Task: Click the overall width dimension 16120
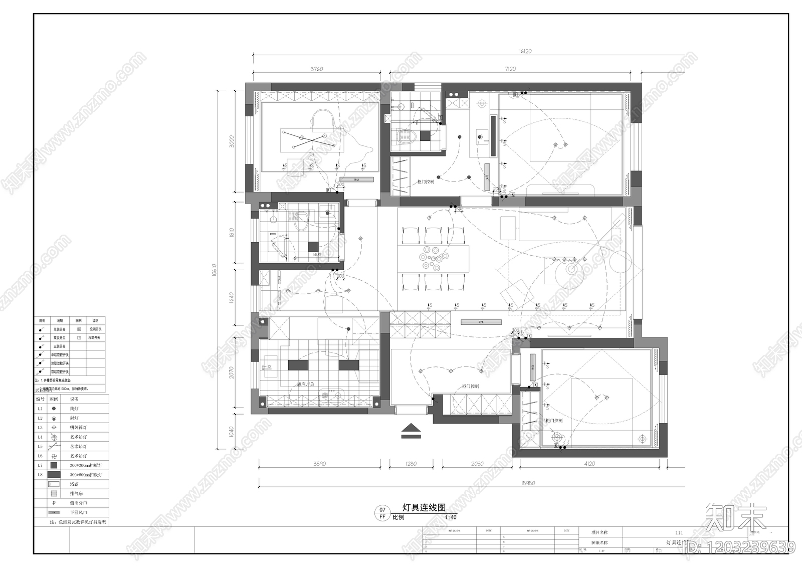525,51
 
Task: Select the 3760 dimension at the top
317,69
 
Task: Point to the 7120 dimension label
510,69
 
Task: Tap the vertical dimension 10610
214,271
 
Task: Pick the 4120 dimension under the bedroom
589,464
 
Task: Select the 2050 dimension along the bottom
477,464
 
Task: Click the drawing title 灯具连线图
424,507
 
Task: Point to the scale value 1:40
450,517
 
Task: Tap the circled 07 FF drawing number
382,513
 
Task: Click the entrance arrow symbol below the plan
411,431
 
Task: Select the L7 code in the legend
40,465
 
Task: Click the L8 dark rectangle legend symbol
54,475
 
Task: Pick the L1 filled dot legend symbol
54,409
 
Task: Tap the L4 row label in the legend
40,437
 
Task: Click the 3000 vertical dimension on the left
232,141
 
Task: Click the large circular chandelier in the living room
571,269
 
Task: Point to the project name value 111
679,532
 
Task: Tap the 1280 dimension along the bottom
411,464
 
